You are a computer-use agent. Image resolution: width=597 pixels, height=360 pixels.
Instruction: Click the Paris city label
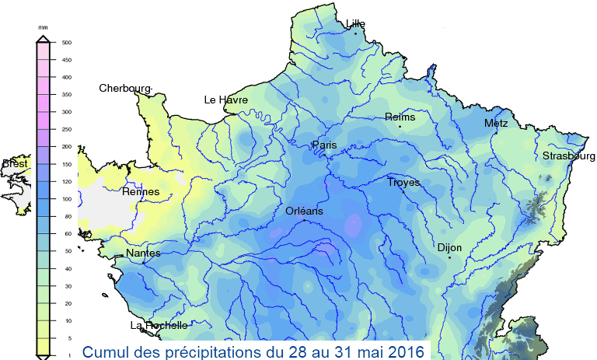point(324,145)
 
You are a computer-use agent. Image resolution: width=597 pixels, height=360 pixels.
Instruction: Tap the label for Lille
point(355,25)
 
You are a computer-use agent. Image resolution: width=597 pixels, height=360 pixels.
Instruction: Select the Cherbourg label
point(125,89)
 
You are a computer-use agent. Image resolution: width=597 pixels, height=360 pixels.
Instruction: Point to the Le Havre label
point(225,100)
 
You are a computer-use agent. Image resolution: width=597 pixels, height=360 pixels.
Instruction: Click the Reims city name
point(400,117)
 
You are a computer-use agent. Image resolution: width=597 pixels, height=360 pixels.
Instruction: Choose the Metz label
point(495,124)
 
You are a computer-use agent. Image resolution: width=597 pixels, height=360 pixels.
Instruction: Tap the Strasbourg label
point(569,156)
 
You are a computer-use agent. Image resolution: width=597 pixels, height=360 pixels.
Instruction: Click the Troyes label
point(403,183)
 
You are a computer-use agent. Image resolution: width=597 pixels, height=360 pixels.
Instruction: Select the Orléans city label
point(304,211)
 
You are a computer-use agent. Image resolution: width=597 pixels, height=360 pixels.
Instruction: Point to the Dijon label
point(449,248)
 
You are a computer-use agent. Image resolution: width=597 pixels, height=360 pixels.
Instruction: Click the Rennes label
point(141,192)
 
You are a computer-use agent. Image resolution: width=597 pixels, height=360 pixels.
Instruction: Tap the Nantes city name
point(143,253)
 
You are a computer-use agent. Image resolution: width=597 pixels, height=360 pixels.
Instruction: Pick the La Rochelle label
point(159,326)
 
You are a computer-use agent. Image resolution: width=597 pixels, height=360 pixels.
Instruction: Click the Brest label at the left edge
point(15,164)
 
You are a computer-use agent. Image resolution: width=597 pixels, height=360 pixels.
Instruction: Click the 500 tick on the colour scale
point(66,43)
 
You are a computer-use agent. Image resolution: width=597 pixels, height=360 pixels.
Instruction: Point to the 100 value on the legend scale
point(66,199)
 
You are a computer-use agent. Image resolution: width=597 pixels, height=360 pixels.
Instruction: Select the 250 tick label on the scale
point(66,129)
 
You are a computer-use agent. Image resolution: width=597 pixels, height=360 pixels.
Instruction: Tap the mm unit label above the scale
point(44,27)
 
